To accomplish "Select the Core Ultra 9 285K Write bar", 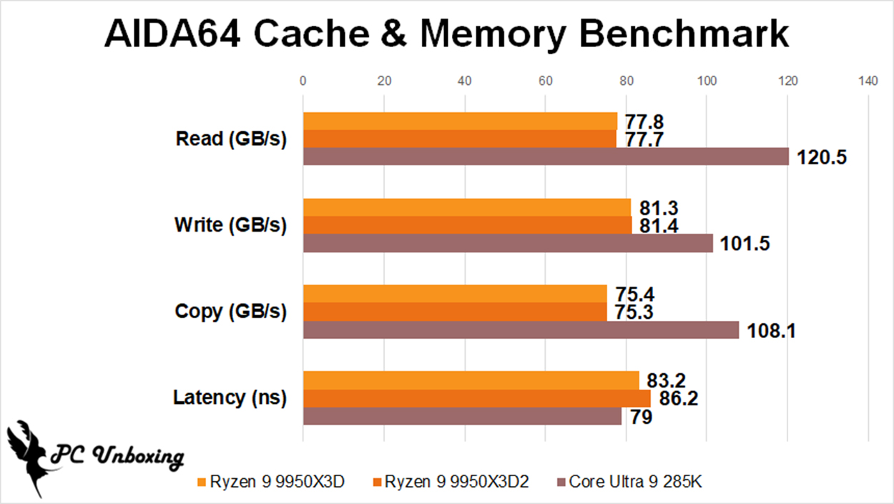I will (508, 243).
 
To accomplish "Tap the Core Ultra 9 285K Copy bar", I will (521, 330).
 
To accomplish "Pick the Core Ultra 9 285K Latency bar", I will (462, 416).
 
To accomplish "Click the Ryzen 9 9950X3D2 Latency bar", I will (477, 398).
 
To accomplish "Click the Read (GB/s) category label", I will (231, 139).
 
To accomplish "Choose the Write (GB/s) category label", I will (230, 225).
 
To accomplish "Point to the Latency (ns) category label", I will (230, 397).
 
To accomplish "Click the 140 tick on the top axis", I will (868, 81).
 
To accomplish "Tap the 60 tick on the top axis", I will (545, 81).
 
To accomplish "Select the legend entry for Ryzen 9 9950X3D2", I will (451, 482).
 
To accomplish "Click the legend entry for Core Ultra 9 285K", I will (629, 482).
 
